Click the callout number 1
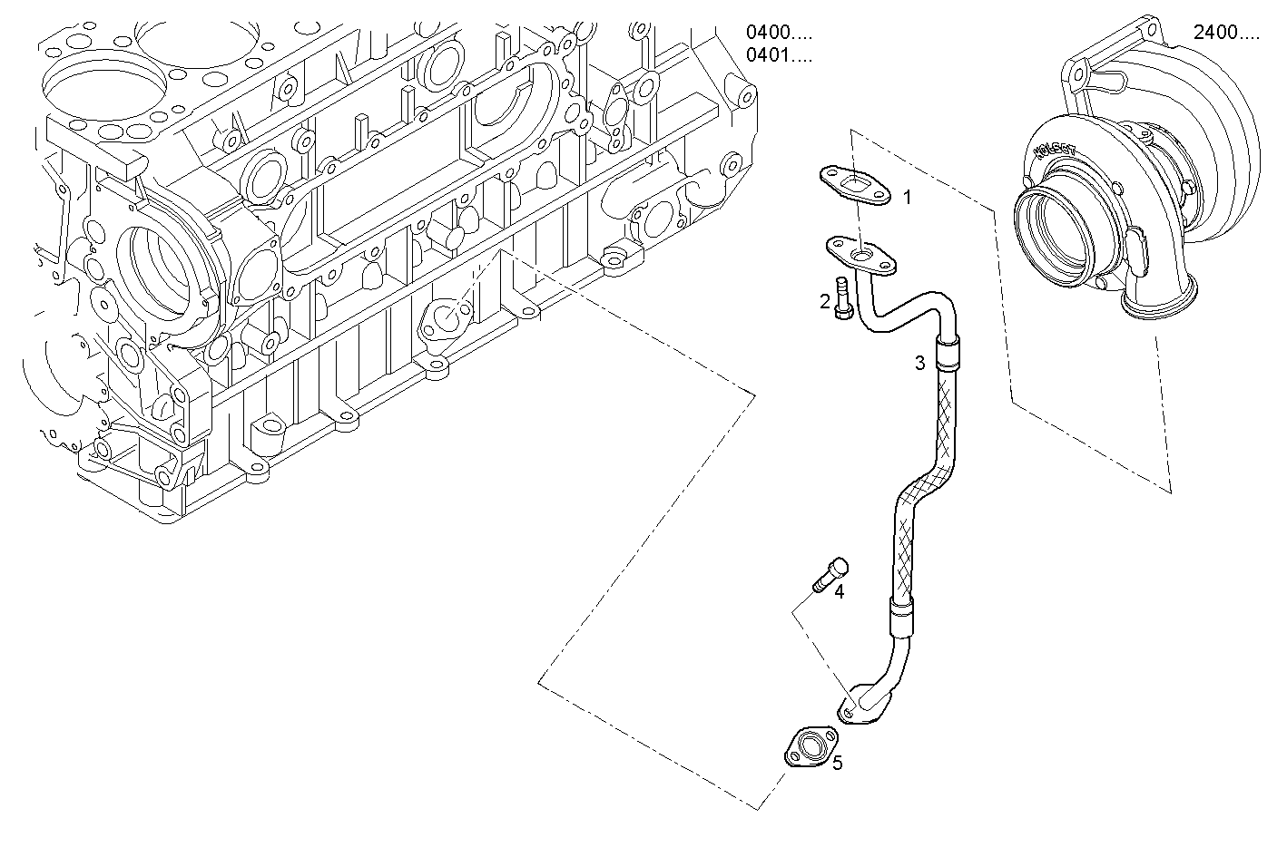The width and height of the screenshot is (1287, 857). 906,197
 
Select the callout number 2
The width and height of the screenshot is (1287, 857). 825,302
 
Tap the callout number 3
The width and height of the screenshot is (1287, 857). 919,364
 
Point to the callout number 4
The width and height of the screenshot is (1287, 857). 840,591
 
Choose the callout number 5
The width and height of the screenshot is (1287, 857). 837,763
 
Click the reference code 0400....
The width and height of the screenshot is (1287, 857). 779,33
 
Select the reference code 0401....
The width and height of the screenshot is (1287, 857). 779,56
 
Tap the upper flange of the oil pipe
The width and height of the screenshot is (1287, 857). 861,255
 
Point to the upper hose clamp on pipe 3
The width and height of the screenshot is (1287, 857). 948,352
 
